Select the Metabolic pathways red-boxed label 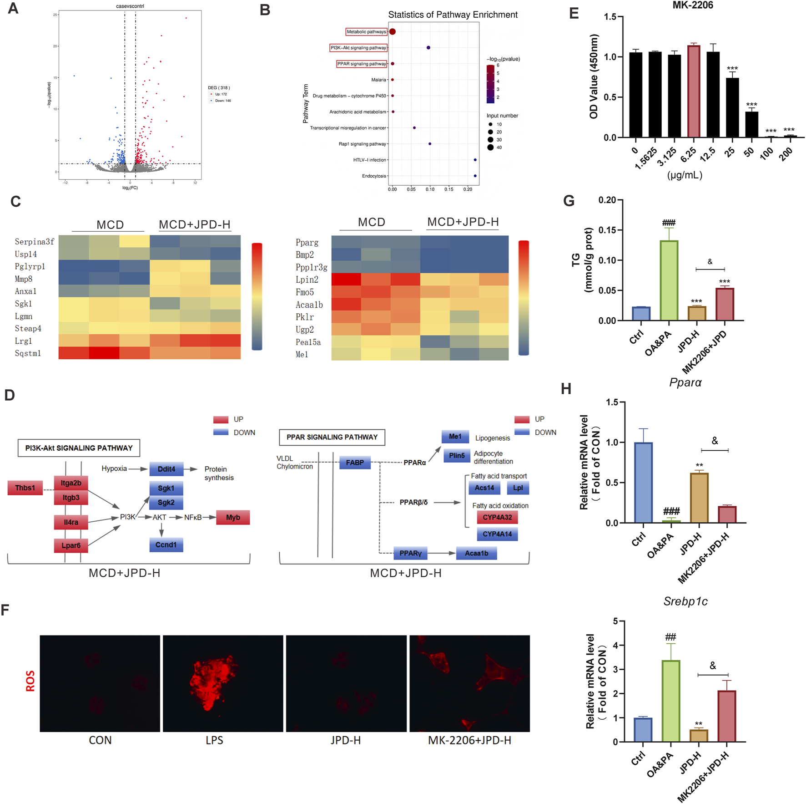(366, 32)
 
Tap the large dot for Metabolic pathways (393, 31)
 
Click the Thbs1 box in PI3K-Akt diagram (25, 488)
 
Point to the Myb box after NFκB (233, 517)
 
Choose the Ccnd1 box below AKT (166, 544)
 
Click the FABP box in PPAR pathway (355, 463)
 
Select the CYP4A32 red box (497, 517)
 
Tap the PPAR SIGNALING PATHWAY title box (332, 437)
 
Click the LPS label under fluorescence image (214, 740)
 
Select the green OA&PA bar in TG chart (669, 280)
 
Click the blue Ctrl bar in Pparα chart (643, 483)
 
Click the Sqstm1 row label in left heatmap (28, 353)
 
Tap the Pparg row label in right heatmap (307, 243)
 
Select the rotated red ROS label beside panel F (30, 681)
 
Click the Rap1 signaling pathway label (362, 144)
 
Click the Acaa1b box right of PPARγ (476, 553)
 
